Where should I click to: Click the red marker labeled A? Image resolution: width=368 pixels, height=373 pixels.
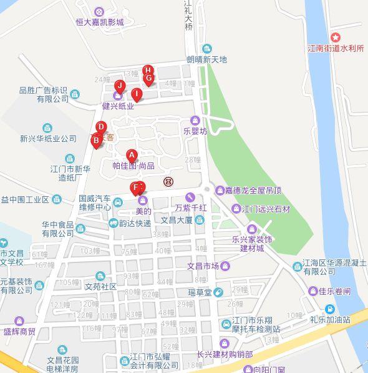[132, 155]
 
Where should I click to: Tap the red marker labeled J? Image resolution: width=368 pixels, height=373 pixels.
[120, 86]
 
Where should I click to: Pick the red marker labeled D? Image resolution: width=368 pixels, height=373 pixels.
[101, 127]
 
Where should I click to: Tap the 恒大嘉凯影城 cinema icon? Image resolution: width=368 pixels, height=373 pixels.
[99, 11]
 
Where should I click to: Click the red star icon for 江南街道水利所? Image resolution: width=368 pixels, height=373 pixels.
[336, 37]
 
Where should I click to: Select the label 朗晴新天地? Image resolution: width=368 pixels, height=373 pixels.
[207, 60]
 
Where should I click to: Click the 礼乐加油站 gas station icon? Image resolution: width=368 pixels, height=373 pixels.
[329, 309]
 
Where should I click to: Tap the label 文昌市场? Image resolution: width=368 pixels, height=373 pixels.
[203, 266]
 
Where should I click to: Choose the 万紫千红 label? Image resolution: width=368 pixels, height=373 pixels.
[190, 207]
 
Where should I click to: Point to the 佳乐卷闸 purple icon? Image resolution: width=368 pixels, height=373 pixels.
[313, 291]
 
